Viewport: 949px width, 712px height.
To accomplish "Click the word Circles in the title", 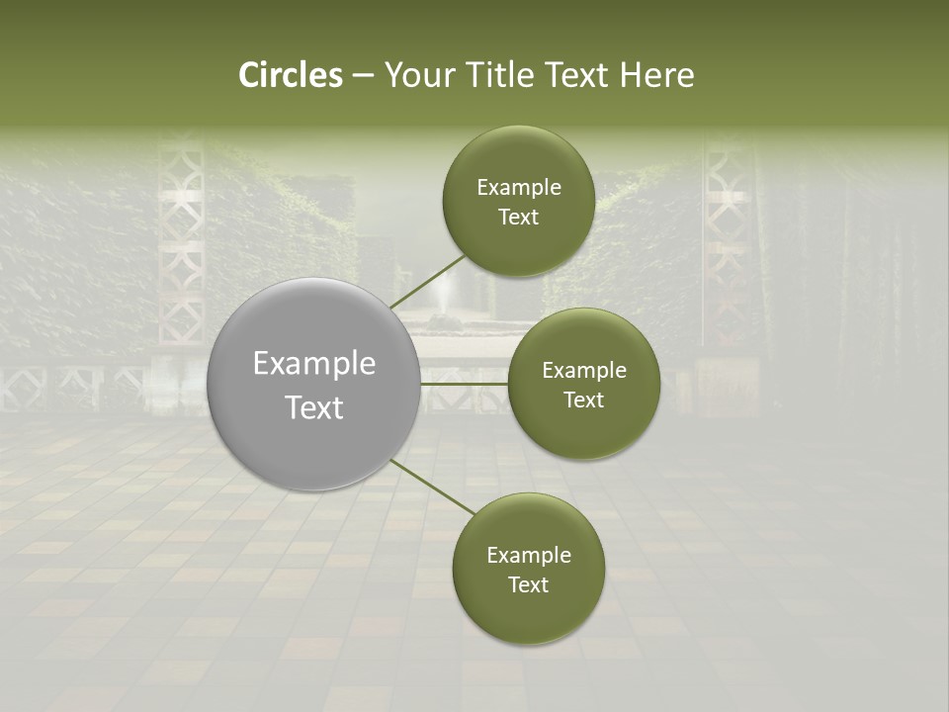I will pyautogui.click(x=290, y=75).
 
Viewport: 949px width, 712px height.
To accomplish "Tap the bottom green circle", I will pyautogui.click(x=528, y=613).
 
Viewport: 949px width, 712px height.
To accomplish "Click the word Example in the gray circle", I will pyautogui.click(x=314, y=364).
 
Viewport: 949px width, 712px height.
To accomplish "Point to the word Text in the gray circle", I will pyautogui.click(x=314, y=407).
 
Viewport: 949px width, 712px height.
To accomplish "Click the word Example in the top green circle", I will pyautogui.click(x=519, y=188).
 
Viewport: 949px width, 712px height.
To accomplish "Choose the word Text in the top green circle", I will pyautogui.click(x=518, y=218).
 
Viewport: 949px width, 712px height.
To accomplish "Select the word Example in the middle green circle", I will pyautogui.click(x=584, y=371).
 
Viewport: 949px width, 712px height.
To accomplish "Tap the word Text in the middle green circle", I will pyautogui.click(x=583, y=400).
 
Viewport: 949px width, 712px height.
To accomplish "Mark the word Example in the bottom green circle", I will pyautogui.click(x=529, y=556).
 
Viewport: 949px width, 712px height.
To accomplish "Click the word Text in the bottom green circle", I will pyautogui.click(x=528, y=585).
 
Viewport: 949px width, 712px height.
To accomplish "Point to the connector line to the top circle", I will pyautogui.click(x=427, y=281).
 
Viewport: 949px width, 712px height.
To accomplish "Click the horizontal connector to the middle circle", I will pyautogui.click(x=465, y=384).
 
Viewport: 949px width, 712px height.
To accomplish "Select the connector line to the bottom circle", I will pyautogui.click(x=433, y=487).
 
